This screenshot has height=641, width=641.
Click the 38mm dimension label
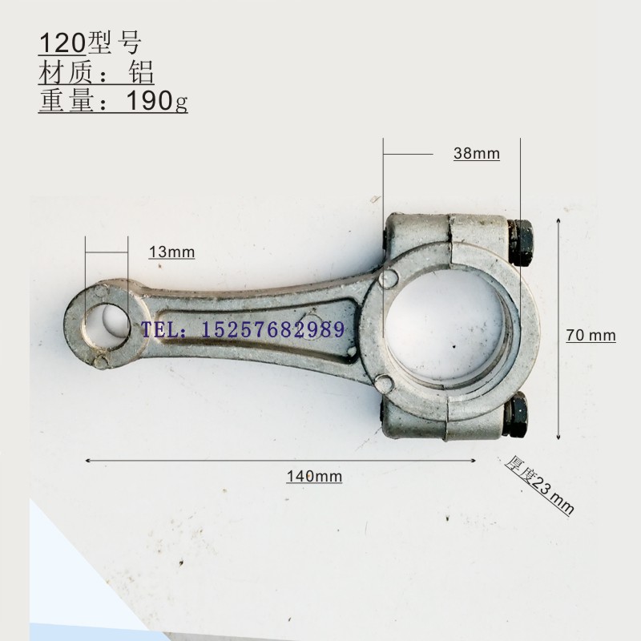477,154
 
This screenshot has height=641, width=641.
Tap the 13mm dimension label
171,252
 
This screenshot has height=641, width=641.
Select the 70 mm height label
591,335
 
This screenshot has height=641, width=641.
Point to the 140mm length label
314,476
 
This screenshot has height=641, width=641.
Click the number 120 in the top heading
62,43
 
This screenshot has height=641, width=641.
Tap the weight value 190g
157,101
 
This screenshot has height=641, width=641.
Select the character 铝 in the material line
141,72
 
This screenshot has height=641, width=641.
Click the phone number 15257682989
272,330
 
